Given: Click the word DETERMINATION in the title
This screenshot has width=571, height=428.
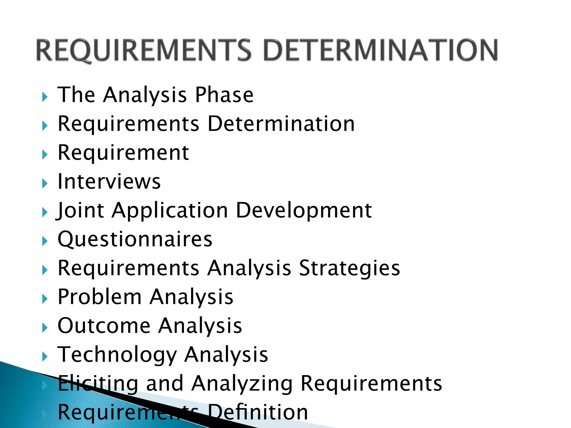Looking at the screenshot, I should pos(380,50).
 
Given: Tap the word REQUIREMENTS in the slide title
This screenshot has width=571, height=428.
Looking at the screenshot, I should pos(144,50).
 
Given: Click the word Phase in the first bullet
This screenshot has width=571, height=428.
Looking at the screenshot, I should pos(224,95).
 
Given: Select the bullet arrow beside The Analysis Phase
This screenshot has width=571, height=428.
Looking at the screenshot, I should pos(45,97).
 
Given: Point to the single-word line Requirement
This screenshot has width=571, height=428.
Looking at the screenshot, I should pos(123,153).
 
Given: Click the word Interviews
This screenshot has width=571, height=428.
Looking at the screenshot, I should pos(109,182).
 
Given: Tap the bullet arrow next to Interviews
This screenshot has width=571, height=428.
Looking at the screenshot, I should pos(45,184).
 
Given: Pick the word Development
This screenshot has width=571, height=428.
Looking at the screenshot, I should pos(304,210).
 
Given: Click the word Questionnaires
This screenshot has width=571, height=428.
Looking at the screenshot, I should pos(135,239).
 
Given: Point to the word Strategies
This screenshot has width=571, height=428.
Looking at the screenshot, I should pos(349,268).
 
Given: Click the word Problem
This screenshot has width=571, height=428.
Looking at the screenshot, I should pos(100,297).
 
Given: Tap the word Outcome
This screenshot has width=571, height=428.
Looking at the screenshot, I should pos(104,325).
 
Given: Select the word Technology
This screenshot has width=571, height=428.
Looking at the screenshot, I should pos(117,355).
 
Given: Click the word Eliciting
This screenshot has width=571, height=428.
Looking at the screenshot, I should pos(98,383).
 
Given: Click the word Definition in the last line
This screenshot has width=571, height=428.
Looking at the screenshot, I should pos(258,412).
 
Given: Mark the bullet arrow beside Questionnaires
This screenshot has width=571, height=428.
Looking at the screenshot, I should pos(45,241).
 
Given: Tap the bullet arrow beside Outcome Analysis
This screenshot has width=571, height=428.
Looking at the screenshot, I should pos(45,328).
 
